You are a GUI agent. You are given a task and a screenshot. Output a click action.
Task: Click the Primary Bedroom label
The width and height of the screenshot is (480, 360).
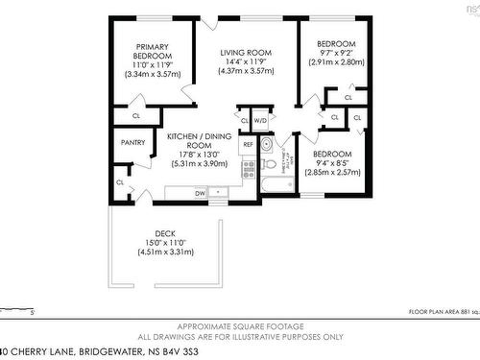click(x=153, y=52)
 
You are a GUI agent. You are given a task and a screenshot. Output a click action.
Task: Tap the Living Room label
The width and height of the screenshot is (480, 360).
click(x=247, y=52)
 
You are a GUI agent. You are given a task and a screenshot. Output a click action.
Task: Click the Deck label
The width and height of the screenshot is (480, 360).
click(x=165, y=231)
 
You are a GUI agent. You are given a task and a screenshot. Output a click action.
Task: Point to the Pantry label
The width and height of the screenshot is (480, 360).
click(x=133, y=142)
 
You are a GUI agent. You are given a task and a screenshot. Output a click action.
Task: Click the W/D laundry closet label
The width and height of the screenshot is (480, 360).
click(x=260, y=120)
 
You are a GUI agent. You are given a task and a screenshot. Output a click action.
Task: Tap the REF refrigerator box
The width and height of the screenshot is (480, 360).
click(x=247, y=144)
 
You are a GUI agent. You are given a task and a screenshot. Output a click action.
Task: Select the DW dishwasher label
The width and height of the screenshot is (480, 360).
click(x=200, y=193)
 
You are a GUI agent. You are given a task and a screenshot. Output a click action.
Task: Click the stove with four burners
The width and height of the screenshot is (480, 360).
click(x=248, y=169)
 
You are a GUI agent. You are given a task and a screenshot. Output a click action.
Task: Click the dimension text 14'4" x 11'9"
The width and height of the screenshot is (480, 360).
click(x=247, y=62)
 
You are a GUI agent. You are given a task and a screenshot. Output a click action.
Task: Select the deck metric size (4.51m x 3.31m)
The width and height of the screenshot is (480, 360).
click(x=165, y=252)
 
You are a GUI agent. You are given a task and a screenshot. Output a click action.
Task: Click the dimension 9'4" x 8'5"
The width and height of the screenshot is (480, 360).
click(x=332, y=163)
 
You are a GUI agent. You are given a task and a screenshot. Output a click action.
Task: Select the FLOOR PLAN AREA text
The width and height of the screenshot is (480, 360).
click(x=432, y=313)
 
